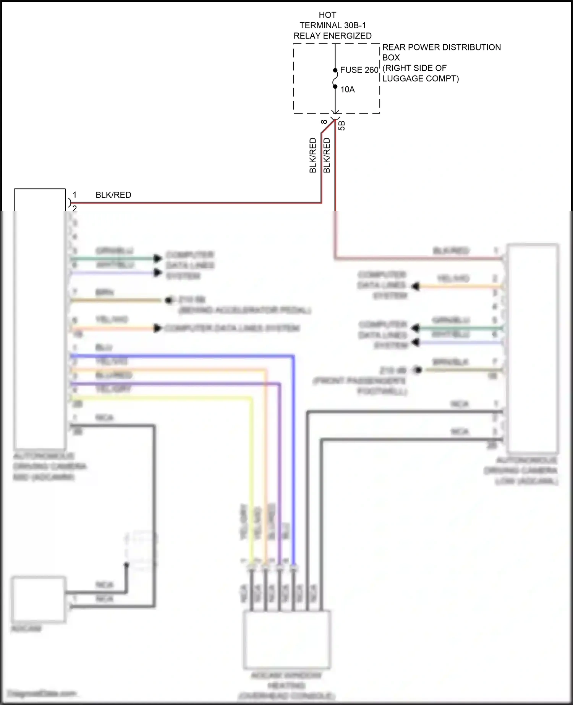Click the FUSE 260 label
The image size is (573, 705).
359,70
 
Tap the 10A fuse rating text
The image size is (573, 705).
347,89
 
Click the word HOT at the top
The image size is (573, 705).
327,15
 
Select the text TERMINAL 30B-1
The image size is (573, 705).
332,25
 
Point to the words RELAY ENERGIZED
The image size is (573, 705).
332,36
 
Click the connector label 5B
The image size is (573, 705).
342,126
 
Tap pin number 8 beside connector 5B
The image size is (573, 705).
324,122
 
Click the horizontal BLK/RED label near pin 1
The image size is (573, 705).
113,195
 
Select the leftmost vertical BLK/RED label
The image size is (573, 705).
313,155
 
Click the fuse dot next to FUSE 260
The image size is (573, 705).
335,70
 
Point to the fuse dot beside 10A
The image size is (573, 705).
335,87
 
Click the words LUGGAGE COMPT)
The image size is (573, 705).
420,78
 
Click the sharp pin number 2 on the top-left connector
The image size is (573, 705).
74,209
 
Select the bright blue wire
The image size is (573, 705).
293,458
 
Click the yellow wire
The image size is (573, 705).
251,477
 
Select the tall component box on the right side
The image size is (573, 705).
533,348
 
